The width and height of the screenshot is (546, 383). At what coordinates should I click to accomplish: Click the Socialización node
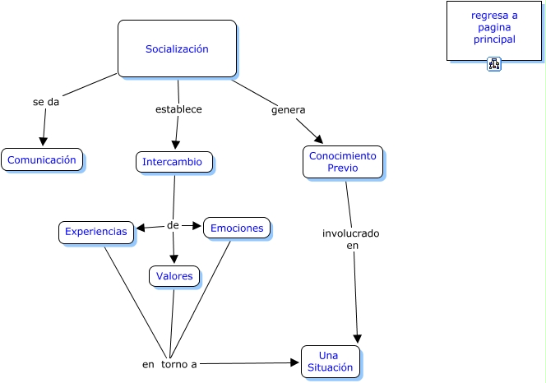[x=177, y=48]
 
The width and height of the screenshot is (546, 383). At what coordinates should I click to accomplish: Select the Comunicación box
[x=42, y=160]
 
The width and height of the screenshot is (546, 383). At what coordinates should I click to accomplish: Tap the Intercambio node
[x=174, y=162]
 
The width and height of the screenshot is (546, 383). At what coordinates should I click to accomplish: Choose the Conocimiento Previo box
[x=342, y=162]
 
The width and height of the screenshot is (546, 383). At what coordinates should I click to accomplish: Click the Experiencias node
[x=96, y=233]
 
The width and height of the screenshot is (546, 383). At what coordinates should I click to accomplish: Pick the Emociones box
[x=237, y=228]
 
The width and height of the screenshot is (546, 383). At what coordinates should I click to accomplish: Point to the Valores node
[x=174, y=276]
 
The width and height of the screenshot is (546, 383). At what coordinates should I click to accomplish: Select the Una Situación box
[x=330, y=362]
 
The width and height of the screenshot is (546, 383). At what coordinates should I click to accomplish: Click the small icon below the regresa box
[x=494, y=64]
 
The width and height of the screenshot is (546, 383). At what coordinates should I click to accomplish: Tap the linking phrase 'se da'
[x=46, y=102]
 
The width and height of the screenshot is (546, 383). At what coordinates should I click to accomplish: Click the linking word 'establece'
[x=178, y=108]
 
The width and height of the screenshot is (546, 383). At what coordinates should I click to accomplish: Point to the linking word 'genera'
[x=289, y=109]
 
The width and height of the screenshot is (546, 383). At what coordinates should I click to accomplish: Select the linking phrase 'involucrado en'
[x=351, y=239]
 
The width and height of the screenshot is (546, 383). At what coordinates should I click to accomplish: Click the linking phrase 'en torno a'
[x=169, y=363]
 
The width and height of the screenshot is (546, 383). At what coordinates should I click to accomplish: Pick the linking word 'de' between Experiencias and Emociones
[x=173, y=225]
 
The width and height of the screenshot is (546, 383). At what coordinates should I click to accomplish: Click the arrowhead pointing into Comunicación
[x=43, y=141]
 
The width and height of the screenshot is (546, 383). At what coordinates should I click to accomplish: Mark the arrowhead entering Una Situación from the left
[x=294, y=362]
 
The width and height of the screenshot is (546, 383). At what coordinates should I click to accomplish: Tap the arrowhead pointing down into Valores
[x=174, y=260]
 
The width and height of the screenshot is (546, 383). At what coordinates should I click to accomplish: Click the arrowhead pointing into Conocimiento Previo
[x=317, y=140]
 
